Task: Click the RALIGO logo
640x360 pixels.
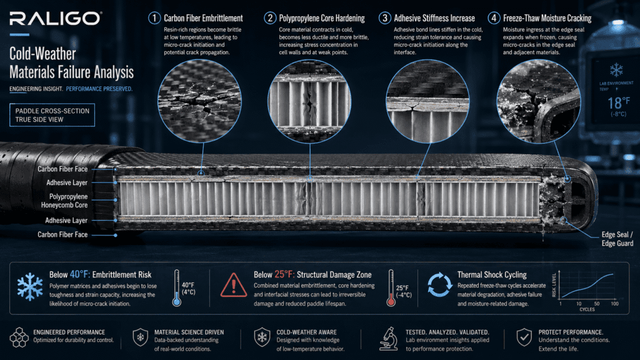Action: [56, 18]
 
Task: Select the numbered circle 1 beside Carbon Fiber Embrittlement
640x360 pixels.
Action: [154, 18]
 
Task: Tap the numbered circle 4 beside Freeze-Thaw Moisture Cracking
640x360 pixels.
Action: [494, 18]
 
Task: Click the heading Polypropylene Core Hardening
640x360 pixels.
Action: [322, 18]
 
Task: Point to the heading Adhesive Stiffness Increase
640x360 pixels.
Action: [434, 18]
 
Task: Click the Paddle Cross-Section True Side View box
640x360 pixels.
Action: [52, 115]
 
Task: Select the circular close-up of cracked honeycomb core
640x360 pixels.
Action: [309, 102]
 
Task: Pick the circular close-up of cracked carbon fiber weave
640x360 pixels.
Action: [199, 101]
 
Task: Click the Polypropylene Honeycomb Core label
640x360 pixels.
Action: [64, 201]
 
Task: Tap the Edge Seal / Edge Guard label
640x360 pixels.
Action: [617, 239]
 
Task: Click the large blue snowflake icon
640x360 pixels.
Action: [30, 287]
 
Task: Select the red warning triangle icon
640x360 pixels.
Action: [234, 285]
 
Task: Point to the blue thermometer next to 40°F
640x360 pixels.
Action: [177, 287]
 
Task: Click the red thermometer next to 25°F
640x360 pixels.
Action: [391, 287]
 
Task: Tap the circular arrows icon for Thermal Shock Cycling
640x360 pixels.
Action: [439, 284]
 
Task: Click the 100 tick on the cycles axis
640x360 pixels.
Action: [615, 304]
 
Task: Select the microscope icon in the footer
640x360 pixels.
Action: [389, 339]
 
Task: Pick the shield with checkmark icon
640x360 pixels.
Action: [524, 337]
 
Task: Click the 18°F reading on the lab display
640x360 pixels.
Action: [619, 102]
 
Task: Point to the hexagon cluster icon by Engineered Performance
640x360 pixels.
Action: [19, 337]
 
